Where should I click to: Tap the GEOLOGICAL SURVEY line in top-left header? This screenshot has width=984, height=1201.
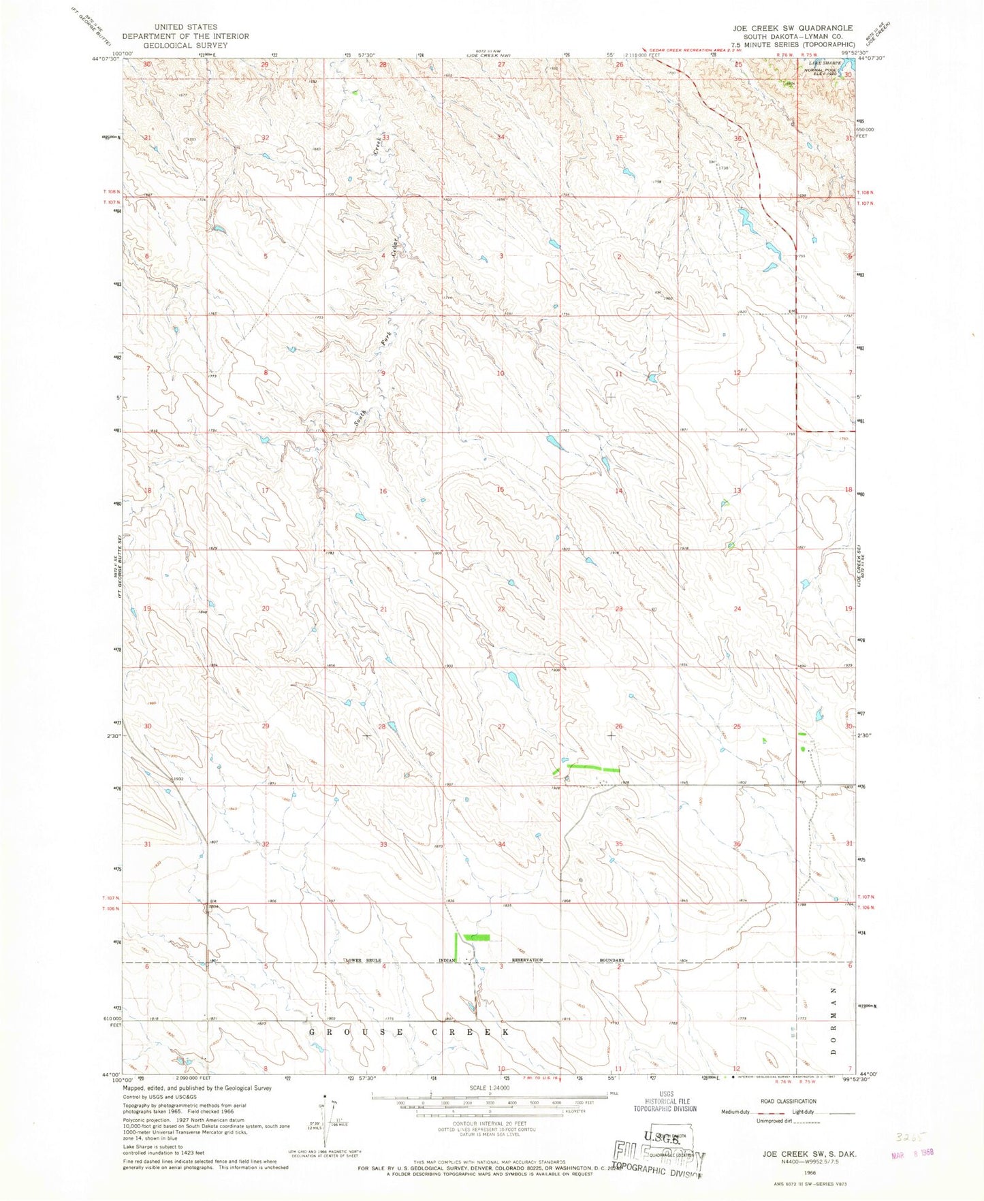click(185, 44)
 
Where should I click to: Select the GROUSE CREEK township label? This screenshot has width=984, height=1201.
click(409, 1032)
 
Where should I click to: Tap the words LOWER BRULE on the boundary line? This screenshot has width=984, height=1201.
click(365, 960)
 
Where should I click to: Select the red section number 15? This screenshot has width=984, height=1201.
click(501, 490)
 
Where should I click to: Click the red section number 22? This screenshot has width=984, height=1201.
click(501, 608)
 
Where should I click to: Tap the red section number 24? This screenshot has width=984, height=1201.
click(737, 608)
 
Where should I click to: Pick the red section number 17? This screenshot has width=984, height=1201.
click(266, 490)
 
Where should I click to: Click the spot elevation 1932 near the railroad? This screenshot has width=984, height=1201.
click(178, 778)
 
